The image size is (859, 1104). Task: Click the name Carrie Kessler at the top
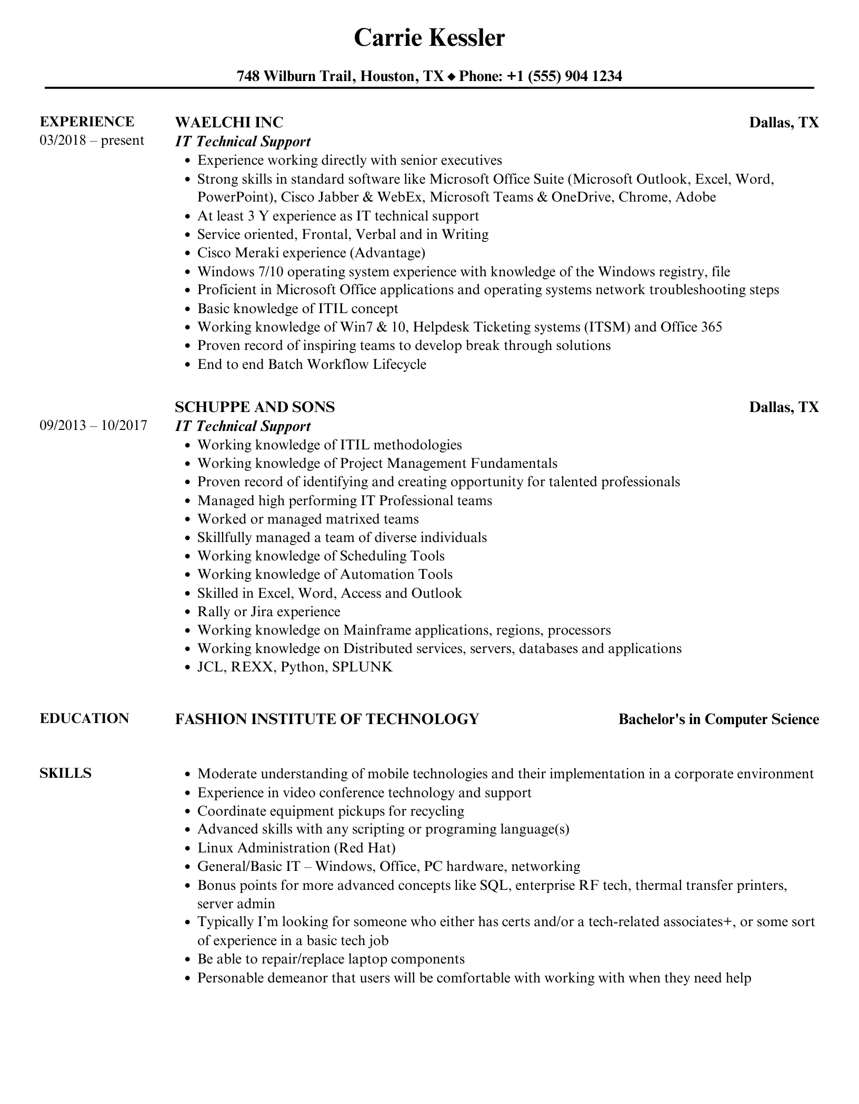click(x=429, y=38)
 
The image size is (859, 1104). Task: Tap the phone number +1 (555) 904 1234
click(x=564, y=76)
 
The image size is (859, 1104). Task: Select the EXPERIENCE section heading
click(x=87, y=122)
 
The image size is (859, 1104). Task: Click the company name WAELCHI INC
click(x=229, y=122)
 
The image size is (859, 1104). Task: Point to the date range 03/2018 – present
click(x=92, y=140)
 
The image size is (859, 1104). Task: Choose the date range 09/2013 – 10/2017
click(x=93, y=425)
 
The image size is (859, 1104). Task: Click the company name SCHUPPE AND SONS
click(x=255, y=407)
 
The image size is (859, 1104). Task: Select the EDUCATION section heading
click(x=84, y=718)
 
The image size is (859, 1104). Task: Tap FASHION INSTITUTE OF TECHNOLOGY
click(x=327, y=719)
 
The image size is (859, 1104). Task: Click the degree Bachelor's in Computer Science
click(x=718, y=719)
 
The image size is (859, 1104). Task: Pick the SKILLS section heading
click(x=65, y=773)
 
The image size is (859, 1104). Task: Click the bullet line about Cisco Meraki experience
click(x=311, y=253)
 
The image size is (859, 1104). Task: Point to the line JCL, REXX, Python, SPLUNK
click(x=295, y=667)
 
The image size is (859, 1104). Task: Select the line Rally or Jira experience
click(x=268, y=611)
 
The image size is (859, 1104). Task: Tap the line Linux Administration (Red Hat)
click(x=296, y=848)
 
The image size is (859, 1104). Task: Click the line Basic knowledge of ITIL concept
click(x=297, y=308)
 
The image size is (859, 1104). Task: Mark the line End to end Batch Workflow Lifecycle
click(x=312, y=364)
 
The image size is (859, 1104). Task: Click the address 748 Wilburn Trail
click(x=295, y=76)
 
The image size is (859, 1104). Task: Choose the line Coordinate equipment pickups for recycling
click(x=331, y=811)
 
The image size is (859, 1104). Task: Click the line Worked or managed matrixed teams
click(x=308, y=519)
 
